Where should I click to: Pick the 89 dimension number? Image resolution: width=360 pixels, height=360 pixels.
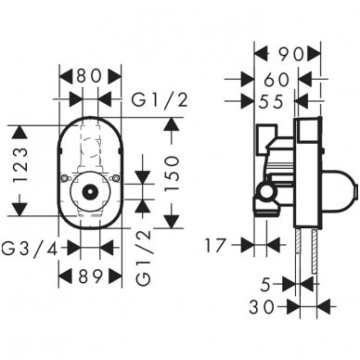[x=91, y=275]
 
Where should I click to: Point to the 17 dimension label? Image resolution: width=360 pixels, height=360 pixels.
[x=218, y=246]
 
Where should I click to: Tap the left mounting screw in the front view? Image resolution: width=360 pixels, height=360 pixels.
[x=63, y=179]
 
